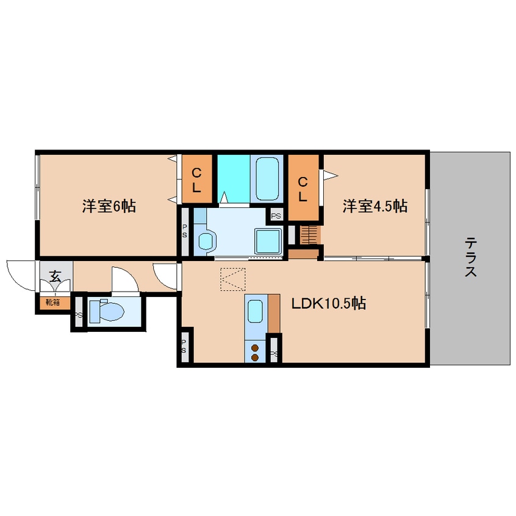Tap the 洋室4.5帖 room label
(374, 206)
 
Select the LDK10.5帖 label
(328, 303)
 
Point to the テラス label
(470, 258)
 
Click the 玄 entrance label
(55, 276)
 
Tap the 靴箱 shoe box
(53, 302)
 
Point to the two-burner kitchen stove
(256, 352)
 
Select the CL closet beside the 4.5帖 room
(303, 188)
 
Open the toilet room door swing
(122, 279)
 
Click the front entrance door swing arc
(20, 273)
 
